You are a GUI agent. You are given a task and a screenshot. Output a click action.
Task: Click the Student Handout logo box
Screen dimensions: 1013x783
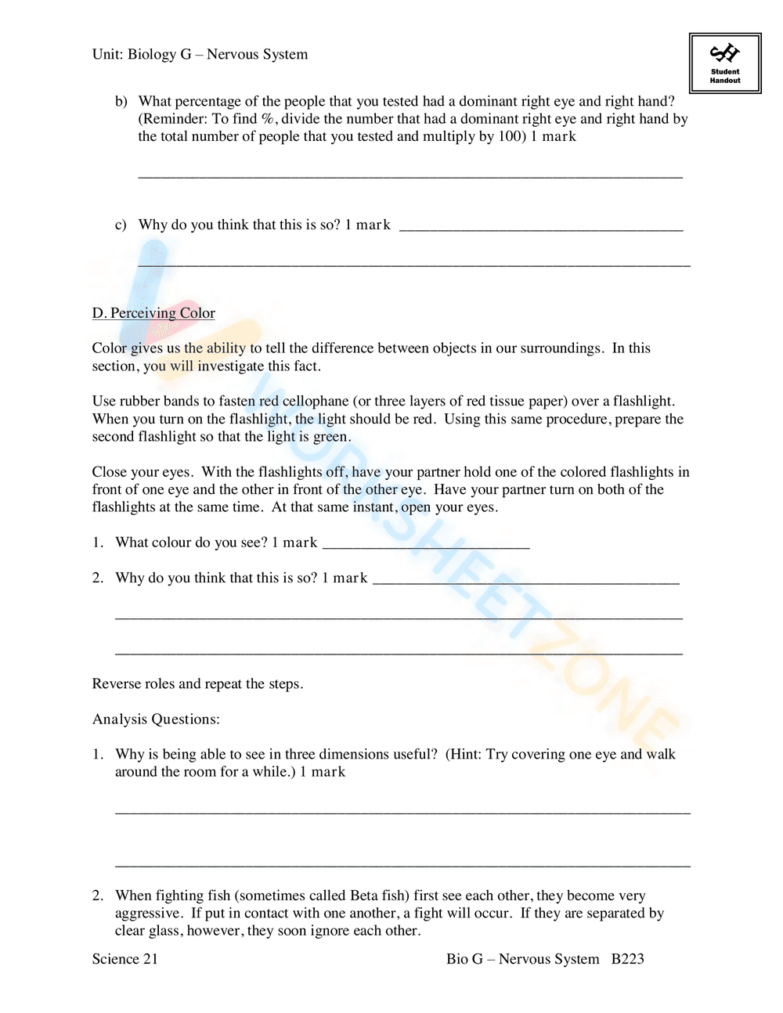pos(724,63)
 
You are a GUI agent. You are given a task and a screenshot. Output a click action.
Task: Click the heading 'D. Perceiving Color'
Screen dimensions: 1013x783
pos(153,313)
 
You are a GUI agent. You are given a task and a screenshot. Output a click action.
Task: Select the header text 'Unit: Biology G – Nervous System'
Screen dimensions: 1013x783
pos(200,55)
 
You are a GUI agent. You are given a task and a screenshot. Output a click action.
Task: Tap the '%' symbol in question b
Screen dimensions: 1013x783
pos(268,119)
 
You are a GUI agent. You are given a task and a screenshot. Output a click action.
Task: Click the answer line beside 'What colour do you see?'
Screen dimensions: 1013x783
pos(426,546)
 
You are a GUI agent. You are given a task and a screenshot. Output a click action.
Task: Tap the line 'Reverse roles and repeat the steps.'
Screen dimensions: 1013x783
pos(197,684)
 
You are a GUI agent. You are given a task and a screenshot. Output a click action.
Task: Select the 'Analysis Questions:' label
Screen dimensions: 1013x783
pos(156,719)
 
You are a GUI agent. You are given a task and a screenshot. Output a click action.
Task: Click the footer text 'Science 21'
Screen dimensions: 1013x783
pos(125,959)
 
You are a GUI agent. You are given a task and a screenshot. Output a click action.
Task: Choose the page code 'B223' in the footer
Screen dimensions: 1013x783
pos(627,959)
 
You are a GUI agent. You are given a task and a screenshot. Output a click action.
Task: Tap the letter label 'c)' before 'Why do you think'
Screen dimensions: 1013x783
pos(121,225)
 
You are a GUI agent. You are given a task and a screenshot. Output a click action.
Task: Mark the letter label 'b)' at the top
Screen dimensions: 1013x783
pos(121,102)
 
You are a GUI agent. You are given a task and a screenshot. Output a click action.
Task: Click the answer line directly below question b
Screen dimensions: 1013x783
pos(410,176)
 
